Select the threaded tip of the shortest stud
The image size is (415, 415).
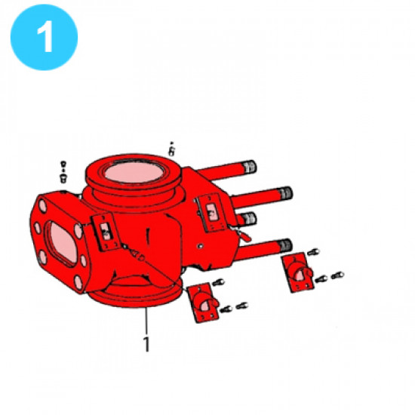249,219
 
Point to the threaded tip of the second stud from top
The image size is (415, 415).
284,192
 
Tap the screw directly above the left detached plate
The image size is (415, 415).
219,282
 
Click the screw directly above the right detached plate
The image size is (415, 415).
315,251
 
